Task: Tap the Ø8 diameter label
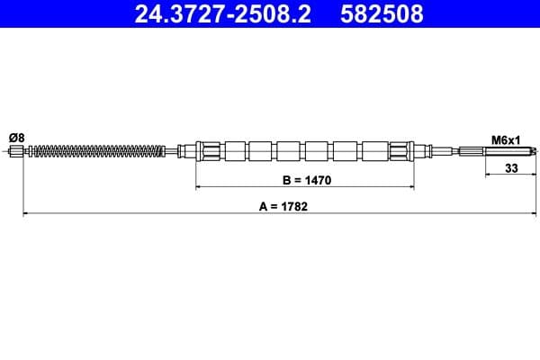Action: coord(16,137)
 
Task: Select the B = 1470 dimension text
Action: coord(307,180)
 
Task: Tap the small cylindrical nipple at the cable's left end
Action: coord(16,151)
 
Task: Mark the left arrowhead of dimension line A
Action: coord(24,214)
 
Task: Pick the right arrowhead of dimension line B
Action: coord(412,188)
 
